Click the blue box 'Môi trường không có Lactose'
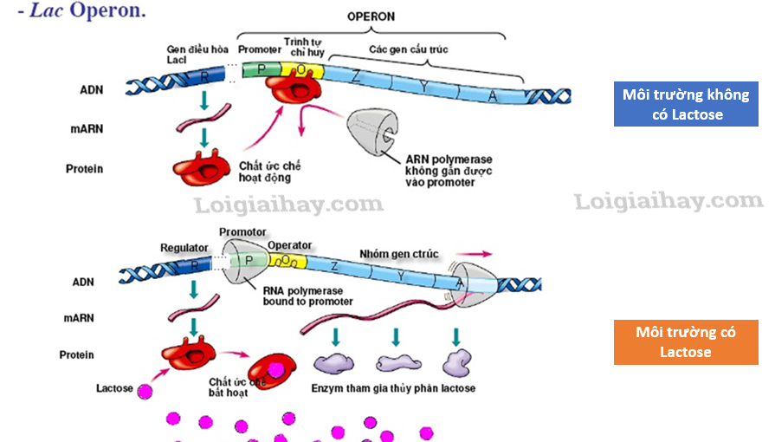(x=686, y=104)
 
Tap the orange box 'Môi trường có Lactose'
(x=685, y=341)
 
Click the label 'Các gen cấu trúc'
(x=409, y=50)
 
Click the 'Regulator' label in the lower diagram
(x=184, y=249)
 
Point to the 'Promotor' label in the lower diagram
(x=242, y=232)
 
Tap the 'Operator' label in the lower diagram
(x=289, y=246)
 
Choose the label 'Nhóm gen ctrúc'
(x=399, y=254)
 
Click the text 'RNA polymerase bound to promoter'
(x=308, y=296)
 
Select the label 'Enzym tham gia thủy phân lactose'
(x=393, y=388)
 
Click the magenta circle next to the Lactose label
(x=145, y=391)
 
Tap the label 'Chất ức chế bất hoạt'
(x=229, y=387)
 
